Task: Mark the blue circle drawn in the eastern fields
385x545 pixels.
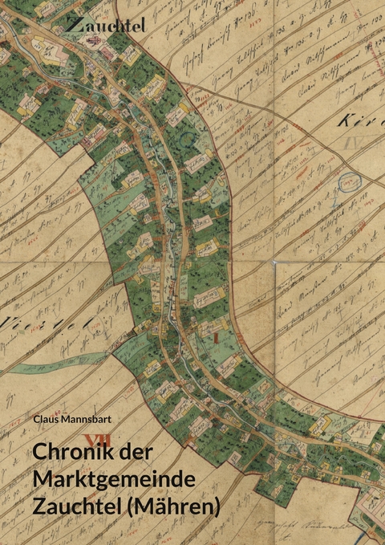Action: (346, 183)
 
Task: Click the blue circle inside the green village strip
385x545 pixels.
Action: (187, 140)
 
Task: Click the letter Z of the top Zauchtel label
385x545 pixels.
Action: (73, 25)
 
